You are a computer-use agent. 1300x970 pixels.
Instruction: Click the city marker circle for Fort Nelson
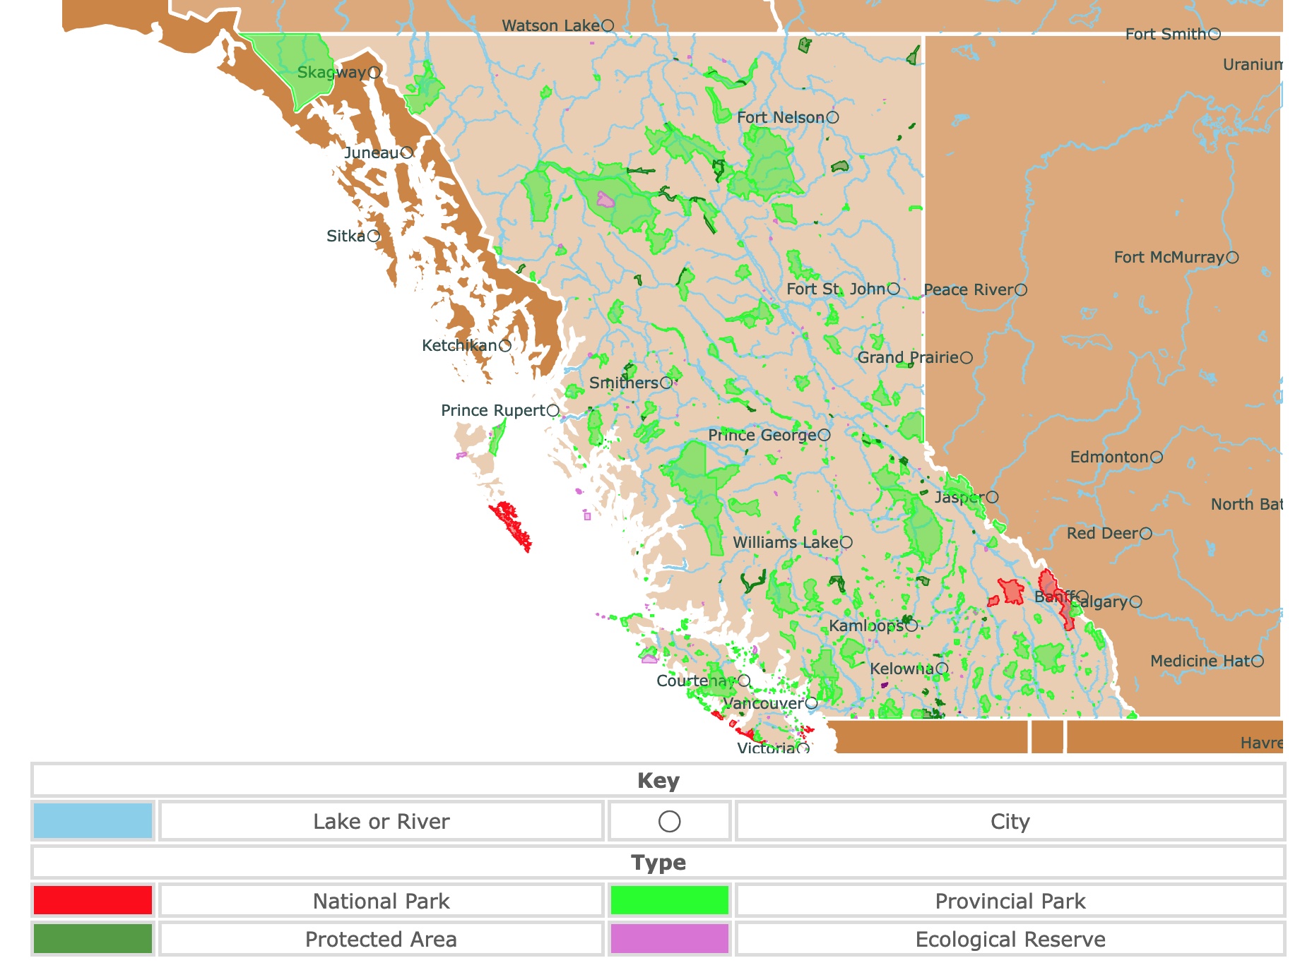click(x=833, y=117)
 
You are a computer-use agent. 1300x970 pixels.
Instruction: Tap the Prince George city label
click(x=762, y=435)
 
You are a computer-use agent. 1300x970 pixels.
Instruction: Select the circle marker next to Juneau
click(x=406, y=152)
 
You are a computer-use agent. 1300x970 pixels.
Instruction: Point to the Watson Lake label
click(x=550, y=25)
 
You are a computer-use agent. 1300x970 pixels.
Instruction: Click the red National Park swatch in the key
click(x=93, y=900)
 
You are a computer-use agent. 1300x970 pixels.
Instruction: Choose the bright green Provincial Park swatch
click(x=669, y=900)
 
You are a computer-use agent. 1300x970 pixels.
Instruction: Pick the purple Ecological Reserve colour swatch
click(x=669, y=939)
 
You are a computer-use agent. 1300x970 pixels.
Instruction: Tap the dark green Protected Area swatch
click(x=93, y=939)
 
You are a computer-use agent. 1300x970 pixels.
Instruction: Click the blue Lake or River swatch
click(x=93, y=820)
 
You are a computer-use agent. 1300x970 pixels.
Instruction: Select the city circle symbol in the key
click(x=669, y=821)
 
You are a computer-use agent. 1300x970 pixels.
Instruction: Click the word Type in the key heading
click(x=658, y=862)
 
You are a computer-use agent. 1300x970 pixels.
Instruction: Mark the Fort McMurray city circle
click(x=1232, y=258)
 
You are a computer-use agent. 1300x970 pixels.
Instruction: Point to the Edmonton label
click(x=1109, y=457)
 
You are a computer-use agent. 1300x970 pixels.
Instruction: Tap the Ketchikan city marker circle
click(x=505, y=346)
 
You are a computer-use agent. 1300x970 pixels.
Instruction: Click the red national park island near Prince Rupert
click(x=512, y=525)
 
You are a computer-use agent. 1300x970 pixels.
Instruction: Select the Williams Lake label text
click(x=785, y=542)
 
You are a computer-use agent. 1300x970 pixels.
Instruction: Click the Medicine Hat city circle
click(x=1258, y=661)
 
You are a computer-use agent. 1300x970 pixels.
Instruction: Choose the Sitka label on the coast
click(x=345, y=236)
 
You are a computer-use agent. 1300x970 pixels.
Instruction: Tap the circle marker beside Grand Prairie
click(x=967, y=358)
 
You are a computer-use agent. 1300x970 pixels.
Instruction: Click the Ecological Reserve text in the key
click(x=1010, y=940)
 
